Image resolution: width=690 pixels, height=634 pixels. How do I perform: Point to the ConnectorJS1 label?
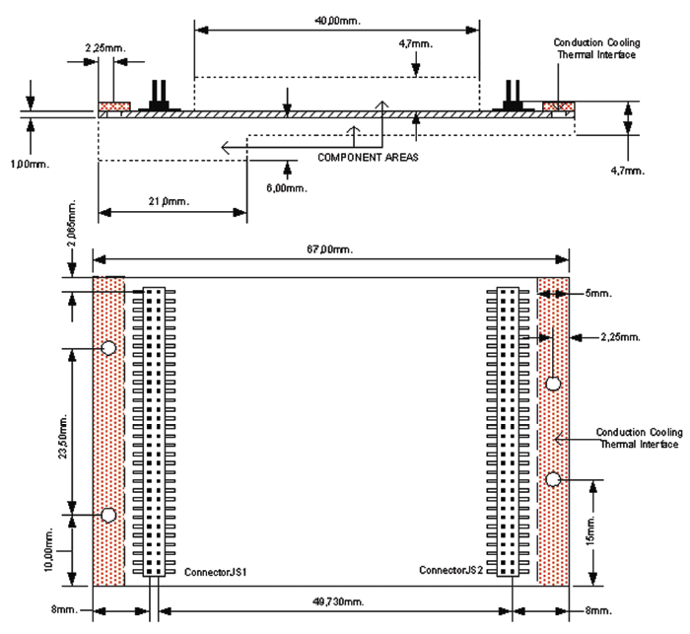pyautogui.click(x=215, y=571)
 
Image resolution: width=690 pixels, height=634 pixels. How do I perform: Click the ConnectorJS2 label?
pyautogui.click(x=451, y=570)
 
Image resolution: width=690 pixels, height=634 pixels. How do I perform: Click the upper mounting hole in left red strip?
pyautogui.click(x=108, y=348)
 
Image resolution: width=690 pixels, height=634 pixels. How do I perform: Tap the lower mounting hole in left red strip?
pyautogui.click(x=108, y=515)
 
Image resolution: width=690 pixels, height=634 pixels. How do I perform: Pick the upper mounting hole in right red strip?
pyautogui.click(x=554, y=383)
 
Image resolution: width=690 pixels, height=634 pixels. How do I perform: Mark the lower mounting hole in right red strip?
pyautogui.click(x=554, y=479)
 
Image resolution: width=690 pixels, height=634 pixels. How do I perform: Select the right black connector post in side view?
pyautogui.click(x=512, y=96)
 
